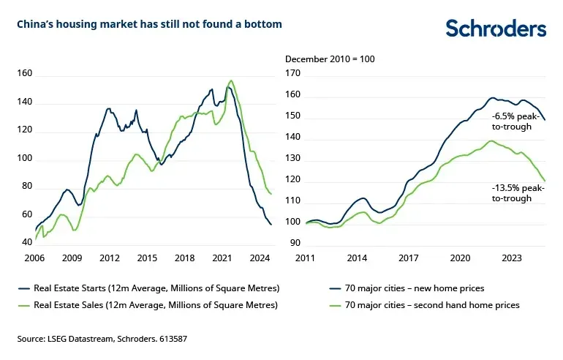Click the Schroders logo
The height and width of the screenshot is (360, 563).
click(x=496, y=28)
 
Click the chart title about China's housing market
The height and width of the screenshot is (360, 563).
click(x=149, y=25)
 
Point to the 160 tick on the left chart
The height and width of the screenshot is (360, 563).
click(x=25, y=74)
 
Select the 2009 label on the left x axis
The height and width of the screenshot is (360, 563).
click(x=72, y=258)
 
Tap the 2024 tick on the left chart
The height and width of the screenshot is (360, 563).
click(x=259, y=258)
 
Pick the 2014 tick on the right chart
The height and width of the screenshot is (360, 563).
click(x=357, y=258)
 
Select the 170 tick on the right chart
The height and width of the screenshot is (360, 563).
click(x=292, y=74)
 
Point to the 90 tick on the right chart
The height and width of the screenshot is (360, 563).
click(x=295, y=243)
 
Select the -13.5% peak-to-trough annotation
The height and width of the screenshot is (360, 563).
click(x=517, y=193)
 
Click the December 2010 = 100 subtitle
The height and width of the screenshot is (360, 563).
click(x=330, y=59)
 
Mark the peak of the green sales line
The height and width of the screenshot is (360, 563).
click(x=231, y=80)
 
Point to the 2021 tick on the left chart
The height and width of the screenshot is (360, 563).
click(x=222, y=258)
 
